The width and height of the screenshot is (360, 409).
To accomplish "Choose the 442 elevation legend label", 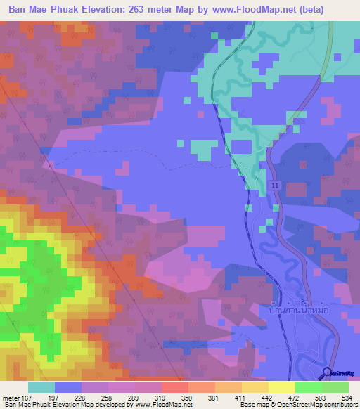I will click(x=268, y=397).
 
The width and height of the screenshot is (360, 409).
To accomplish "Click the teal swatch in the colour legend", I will click(x=41, y=387).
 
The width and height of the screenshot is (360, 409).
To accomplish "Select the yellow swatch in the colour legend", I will click(x=281, y=387).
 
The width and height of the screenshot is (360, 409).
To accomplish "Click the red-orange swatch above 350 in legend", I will click(x=174, y=387).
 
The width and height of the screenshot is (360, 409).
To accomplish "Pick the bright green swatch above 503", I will click(x=308, y=387).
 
